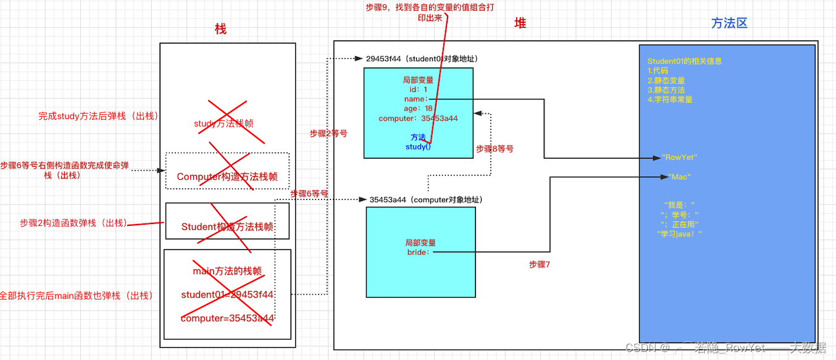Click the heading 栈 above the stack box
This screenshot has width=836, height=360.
coord(220,29)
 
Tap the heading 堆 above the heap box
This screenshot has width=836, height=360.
coord(520,23)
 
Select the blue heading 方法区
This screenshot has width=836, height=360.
coord(729,23)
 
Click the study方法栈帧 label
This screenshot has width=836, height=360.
coord(224,123)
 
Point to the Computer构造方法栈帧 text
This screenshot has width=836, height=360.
coord(227,177)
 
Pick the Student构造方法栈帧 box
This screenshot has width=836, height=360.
coord(227,227)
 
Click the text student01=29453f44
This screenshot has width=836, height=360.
coord(227,295)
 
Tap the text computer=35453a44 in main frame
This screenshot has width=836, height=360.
coord(227,319)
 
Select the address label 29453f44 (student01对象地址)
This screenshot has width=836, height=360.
coord(422,59)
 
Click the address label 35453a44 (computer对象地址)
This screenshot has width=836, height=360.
coord(426,200)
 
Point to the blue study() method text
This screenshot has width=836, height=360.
coord(418,147)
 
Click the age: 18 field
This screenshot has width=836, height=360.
coord(418,109)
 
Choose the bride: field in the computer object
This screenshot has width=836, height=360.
coord(420,252)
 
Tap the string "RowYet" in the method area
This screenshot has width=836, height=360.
coord(679,157)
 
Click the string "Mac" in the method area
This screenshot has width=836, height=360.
coord(679,177)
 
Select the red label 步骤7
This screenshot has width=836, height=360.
coord(539,264)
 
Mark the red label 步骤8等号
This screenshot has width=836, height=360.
coord(495,149)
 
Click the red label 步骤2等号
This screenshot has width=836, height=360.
coord(328,133)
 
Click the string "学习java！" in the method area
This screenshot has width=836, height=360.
coord(680,233)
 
